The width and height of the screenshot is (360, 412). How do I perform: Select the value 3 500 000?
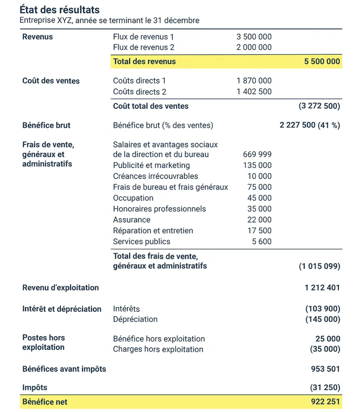[x=254, y=37]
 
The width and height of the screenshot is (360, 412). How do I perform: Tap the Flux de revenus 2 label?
[x=144, y=47]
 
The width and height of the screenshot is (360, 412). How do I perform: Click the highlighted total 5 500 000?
[x=322, y=62]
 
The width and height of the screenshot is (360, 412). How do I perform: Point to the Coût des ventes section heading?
[x=51, y=81]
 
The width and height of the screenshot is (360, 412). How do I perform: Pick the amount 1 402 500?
[x=254, y=92]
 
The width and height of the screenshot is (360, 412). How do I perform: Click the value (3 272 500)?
[x=319, y=106]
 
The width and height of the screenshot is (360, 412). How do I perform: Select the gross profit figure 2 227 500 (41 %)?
[x=310, y=125]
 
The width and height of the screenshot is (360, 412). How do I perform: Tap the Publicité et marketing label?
[x=151, y=165]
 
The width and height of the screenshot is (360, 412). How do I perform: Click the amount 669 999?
[x=257, y=154]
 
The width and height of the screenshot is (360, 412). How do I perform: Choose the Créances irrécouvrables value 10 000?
[x=259, y=176]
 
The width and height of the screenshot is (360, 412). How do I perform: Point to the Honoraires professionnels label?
[x=159, y=209]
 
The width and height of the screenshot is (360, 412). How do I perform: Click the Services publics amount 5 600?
[x=262, y=242]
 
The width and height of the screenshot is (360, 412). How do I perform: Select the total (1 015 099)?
[x=319, y=266]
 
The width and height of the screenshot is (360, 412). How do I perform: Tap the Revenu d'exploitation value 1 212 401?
[x=322, y=288]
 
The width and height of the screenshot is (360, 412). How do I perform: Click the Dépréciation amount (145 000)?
[x=322, y=319]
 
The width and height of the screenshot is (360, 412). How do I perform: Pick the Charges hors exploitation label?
[x=158, y=349]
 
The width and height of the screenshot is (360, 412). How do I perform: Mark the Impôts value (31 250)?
[x=325, y=388]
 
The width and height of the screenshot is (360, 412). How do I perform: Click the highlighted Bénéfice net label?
[x=45, y=402]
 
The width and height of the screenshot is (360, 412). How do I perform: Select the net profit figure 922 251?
[x=325, y=402]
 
